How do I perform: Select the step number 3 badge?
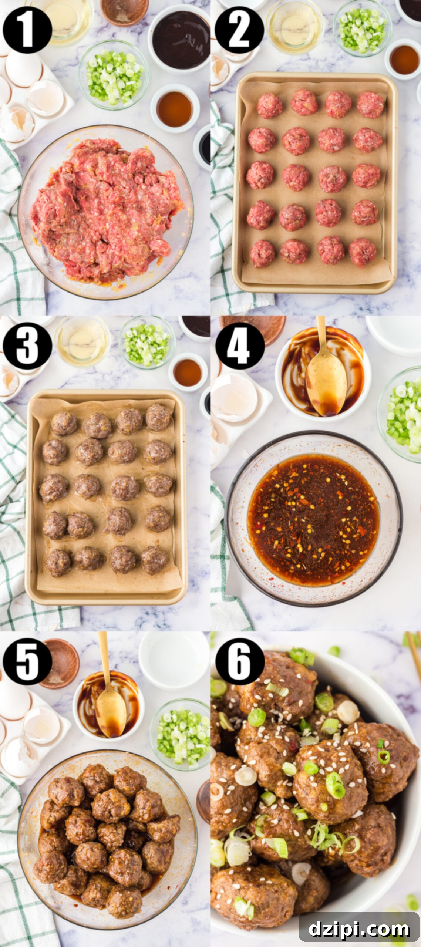[27, 346]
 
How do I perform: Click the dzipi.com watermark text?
[359, 928]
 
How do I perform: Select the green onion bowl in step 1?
[114, 76]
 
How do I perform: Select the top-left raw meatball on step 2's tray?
[269, 105]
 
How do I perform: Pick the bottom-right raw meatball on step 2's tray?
[363, 252]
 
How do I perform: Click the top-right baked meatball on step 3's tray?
[158, 417]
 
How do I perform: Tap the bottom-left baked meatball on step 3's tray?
[58, 562]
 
